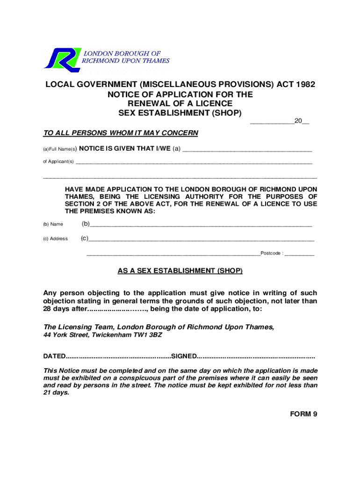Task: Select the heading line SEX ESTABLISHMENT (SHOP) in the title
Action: coord(180,113)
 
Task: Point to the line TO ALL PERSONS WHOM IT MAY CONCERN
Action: coord(121,133)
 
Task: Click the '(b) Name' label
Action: coord(53,225)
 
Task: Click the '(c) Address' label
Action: coord(55,239)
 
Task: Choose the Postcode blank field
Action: coord(299,254)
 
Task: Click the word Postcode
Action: coord(271,254)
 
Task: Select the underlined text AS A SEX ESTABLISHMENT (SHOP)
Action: coord(180,271)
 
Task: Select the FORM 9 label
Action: coord(303,414)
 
